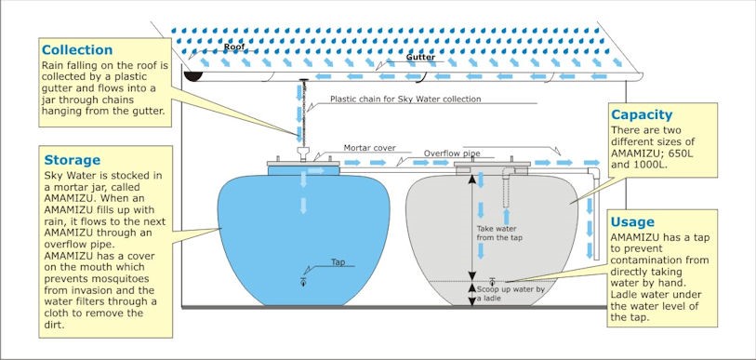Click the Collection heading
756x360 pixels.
pyautogui.click(x=77, y=50)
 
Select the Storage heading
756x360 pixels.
pyautogui.click(x=73, y=160)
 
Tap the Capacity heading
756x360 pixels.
pyautogui.click(x=642, y=115)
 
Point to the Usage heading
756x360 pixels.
pyautogui.click(x=632, y=222)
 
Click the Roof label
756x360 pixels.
pyautogui.click(x=234, y=47)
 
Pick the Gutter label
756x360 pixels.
pyautogui.click(x=420, y=57)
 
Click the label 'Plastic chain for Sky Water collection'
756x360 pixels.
pyautogui.click(x=405, y=99)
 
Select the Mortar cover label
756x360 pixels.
pyautogui.click(x=370, y=147)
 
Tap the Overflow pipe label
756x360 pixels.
pyautogui.click(x=452, y=153)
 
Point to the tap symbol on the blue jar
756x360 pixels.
pyautogui.click(x=303, y=282)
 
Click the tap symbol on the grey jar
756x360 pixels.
pyautogui.click(x=492, y=281)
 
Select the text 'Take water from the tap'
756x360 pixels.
pyautogui.click(x=499, y=233)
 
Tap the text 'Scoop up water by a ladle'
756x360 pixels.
pyautogui.click(x=511, y=294)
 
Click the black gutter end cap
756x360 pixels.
pyautogui.click(x=193, y=75)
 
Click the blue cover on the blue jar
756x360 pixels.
pyautogui.click(x=304, y=170)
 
